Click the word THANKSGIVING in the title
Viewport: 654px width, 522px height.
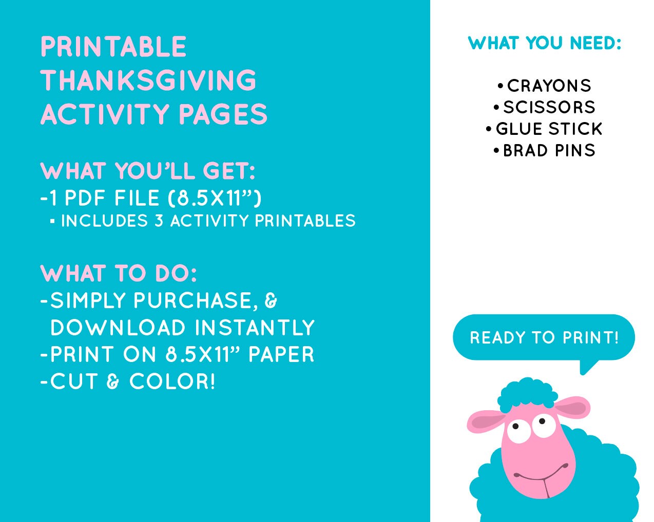148,81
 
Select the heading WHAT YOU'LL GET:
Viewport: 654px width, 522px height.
148,171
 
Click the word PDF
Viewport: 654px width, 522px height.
86,198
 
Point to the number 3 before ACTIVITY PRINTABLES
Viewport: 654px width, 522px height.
159,221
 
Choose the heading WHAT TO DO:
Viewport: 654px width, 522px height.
119,273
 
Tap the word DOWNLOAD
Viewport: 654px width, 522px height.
118,328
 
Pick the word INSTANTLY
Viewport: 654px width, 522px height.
255,328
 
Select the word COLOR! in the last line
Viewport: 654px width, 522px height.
172,382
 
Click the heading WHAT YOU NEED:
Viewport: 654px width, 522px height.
544,43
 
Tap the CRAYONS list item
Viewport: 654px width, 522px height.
549,86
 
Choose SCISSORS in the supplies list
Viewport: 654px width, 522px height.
549,107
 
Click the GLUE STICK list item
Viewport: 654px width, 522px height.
549,129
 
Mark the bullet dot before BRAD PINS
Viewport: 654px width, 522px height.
496,151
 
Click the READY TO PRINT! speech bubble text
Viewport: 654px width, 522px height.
544,337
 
